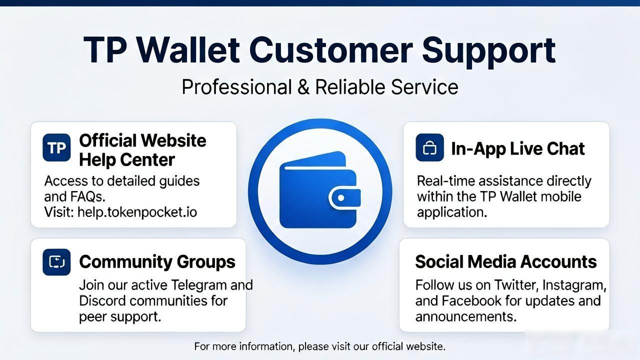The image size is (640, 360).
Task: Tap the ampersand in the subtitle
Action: click(303, 87)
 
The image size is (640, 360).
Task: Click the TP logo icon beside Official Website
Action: click(56, 147)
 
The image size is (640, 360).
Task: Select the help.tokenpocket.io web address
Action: click(137, 212)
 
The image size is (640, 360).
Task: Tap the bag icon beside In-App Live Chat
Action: click(429, 147)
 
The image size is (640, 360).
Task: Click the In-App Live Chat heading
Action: click(517, 149)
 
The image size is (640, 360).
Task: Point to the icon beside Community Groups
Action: click(56, 262)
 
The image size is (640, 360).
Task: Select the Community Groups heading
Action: click(157, 261)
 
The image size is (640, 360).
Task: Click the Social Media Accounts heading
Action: click(505, 261)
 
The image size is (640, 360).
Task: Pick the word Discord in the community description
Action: click(102, 300)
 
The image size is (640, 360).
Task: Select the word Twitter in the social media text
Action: click(516, 285)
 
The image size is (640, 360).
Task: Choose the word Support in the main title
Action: click(489, 51)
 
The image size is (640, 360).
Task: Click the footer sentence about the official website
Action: click(319, 346)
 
